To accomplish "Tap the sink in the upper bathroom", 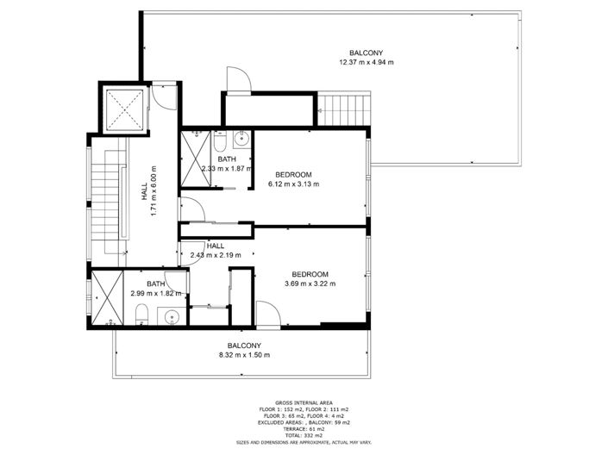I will [x=241, y=138].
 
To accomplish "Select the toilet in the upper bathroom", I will [x=220, y=140].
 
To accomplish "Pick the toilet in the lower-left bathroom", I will [x=145, y=315].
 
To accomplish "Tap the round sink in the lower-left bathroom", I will [x=172, y=316].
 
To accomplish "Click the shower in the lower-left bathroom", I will [x=109, y=297].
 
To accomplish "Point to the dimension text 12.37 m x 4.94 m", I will [x=366, y=62].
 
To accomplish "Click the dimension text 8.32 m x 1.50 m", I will [x=244, y=354].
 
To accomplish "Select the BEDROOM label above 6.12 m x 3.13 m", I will [x=292, y=174].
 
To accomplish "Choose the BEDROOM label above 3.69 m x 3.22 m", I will [x=309, y=275].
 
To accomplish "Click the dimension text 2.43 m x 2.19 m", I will [x=215, y=255].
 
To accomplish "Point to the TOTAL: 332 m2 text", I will [x=304, y=435].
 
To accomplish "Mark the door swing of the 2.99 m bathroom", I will [x=176, y=280].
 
